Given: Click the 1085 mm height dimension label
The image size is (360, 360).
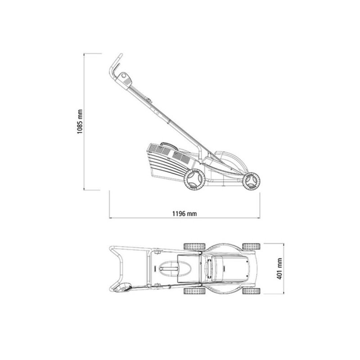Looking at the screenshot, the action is point(80,121).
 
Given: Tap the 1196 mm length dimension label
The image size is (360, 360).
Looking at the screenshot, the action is point(184,214).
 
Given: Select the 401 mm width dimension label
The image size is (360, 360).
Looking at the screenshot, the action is point(279,269).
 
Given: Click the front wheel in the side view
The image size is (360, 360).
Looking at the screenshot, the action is point(252,181).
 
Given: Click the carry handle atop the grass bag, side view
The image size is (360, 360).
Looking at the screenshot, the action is point(169,146).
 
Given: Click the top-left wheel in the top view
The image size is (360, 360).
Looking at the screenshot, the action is point(194,246).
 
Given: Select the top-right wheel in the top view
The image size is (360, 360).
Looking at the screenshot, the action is point(251,246).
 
